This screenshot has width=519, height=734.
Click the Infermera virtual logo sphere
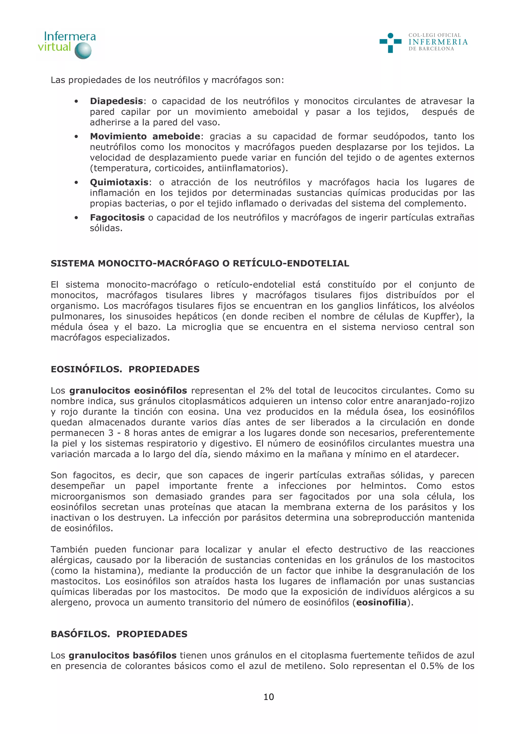click(x=83, y=51)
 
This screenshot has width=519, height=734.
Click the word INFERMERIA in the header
click(x=438, y=42)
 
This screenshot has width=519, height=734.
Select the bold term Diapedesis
click(x=116, y=101)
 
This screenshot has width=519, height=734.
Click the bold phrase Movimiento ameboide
click(x=145, y=136)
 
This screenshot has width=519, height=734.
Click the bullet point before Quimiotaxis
click(x=76, y=183)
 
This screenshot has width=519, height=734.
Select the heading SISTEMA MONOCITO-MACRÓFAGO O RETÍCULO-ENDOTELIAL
click(x=200, y=263)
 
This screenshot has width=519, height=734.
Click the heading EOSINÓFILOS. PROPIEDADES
click(x=125, y=369)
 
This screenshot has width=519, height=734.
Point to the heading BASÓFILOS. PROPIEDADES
click(x=119, y=634)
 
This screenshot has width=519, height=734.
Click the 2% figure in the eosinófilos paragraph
click(x=267, y=391)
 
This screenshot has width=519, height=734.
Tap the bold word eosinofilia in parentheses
click(x=381, y=603)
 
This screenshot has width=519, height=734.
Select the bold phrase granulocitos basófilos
click(x=122, y=656)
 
